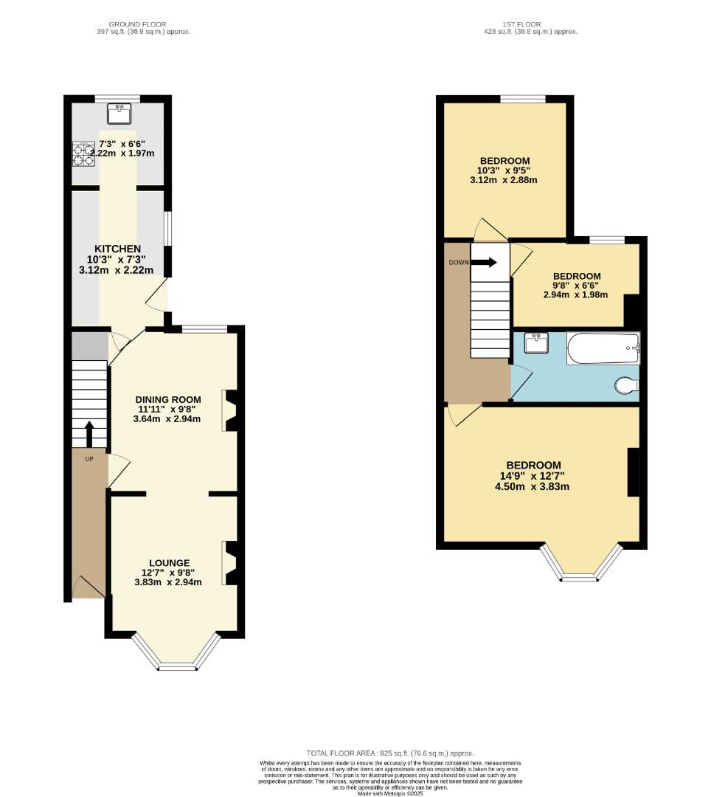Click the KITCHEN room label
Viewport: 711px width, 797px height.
coord(118,249)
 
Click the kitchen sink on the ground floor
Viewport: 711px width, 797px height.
coord(117,114)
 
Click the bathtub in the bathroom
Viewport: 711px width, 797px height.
coord(603,348)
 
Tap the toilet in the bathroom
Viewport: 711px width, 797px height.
coord(627,385)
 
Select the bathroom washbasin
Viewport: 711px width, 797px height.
coord(535,343)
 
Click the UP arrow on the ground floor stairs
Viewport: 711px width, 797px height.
coord(90,434)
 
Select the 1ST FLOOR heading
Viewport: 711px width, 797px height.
coord(519,24)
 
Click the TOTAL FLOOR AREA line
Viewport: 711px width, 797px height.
coord(390,753)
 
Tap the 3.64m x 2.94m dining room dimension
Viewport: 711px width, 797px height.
coord(167,419)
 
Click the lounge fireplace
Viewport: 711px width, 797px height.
coord(230,562)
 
